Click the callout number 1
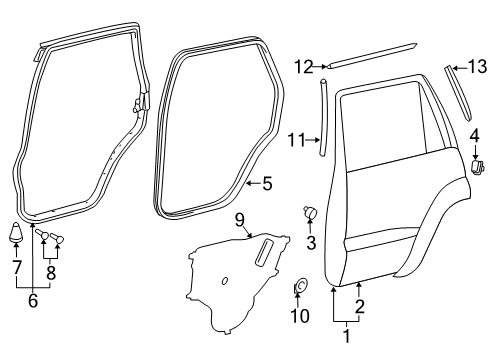pos(347,336)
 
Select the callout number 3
pos(311,242)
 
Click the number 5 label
pos(265,183)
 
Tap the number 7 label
pos(16,267)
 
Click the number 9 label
pos(240,218)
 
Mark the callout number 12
pos(304,67)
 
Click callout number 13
pos(476,67)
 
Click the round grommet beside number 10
pos(300,289)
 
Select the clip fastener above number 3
pos(310,212)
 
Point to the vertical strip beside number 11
pos(323,118)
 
